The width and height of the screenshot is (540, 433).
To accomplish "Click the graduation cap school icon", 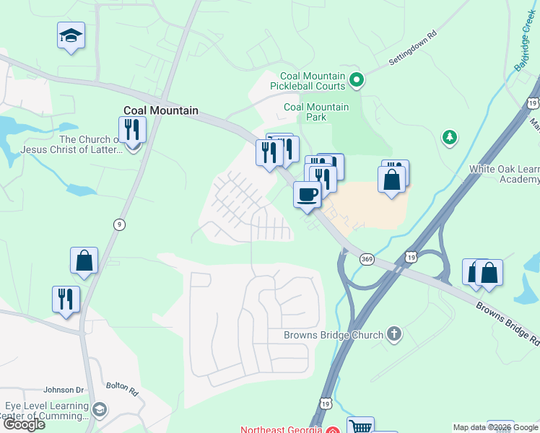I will point(71,35).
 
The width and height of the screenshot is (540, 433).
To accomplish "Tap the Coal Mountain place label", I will point(161,111).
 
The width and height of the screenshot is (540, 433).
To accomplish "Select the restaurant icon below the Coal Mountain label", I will point(132,130).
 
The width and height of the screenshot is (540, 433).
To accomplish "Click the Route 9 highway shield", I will point(118,224).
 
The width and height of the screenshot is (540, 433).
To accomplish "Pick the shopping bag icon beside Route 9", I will point(84,261).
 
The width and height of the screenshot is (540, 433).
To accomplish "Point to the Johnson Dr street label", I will point(64,390).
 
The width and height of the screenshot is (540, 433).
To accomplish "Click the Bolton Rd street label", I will point(122,390).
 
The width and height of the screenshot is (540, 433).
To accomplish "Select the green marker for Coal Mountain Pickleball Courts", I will point(356,79).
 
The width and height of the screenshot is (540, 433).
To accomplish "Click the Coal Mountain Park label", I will point(316,112).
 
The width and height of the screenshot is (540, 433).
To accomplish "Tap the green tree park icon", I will point(450,136).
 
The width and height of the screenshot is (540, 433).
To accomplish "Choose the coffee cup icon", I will point(308,194).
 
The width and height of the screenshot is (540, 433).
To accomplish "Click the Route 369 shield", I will point(367,260).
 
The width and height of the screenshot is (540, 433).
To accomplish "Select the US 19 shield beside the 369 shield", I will point(411,256).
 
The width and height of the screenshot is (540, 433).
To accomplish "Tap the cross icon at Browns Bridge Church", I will point(393,333).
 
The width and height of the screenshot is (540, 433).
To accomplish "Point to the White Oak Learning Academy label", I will point(504,174).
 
